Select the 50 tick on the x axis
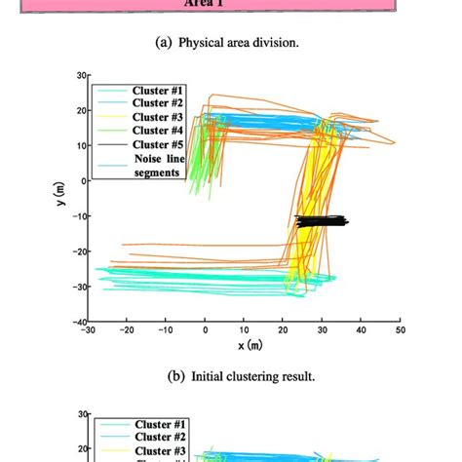point(401,330)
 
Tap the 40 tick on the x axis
point(362,330)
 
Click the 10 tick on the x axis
point(245,330)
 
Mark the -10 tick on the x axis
point(165,330)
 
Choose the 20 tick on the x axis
point(284,330)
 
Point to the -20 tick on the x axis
point(126,330)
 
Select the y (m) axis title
point(61,198)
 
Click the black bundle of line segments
point(321,221)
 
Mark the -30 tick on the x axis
point(87,330)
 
